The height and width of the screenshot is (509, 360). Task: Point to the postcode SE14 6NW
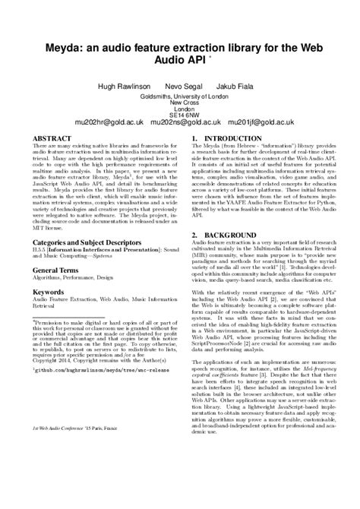click(180, 113)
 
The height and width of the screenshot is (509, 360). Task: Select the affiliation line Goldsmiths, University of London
click(180, 97)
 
